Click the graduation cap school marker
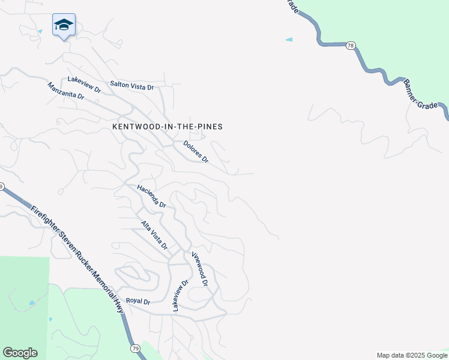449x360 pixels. pos(64,25)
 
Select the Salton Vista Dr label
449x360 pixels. pos(132,86)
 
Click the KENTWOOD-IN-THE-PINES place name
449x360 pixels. pos(167,127)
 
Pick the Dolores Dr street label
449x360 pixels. pos(196,152)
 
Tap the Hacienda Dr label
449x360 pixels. pos(151,196)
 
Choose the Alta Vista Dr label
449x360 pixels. pos(154,235)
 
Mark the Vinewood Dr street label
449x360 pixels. pos(200,268)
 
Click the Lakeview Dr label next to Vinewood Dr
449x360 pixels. pos(180,294)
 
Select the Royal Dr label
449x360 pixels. pos(137,301)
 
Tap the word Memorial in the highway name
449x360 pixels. pos(102,286)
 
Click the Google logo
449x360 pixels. pos(20,353)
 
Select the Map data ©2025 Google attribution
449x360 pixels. pos(412,355)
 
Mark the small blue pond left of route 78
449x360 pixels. pos(289,40)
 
